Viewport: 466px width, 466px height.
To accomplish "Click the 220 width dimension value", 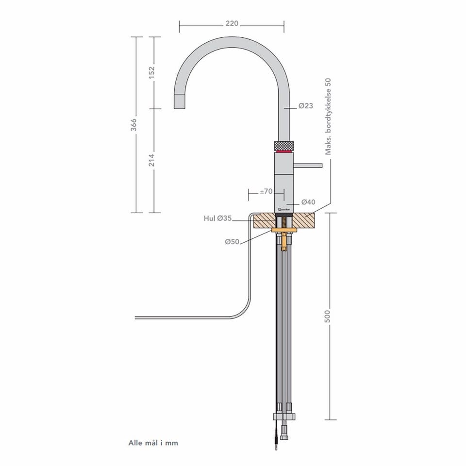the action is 232,23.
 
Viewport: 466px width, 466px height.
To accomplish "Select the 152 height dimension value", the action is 151,72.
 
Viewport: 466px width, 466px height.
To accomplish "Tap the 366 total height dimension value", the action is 134,125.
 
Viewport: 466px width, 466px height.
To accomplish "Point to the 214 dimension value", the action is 151,160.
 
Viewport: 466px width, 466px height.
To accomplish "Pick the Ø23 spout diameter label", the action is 306,105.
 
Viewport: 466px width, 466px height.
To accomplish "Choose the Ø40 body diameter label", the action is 308,202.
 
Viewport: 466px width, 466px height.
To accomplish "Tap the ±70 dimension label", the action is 266,191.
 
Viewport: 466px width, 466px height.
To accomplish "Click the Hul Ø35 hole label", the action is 217,218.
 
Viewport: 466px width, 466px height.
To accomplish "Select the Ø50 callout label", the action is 232,242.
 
